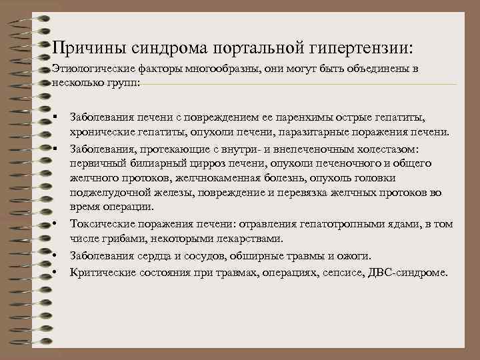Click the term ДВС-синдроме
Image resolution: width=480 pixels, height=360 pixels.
coord(411,273)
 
